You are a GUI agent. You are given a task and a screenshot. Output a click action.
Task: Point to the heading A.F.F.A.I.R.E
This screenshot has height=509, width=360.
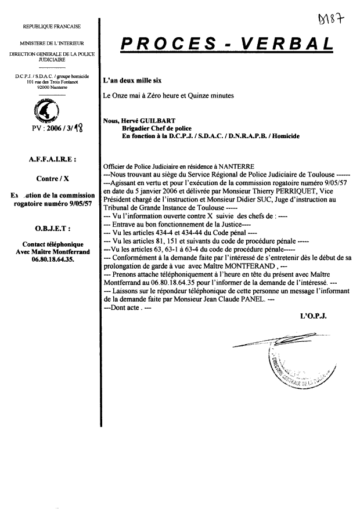point(51,157)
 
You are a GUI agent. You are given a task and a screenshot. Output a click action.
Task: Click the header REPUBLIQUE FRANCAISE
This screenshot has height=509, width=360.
point(52,26)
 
